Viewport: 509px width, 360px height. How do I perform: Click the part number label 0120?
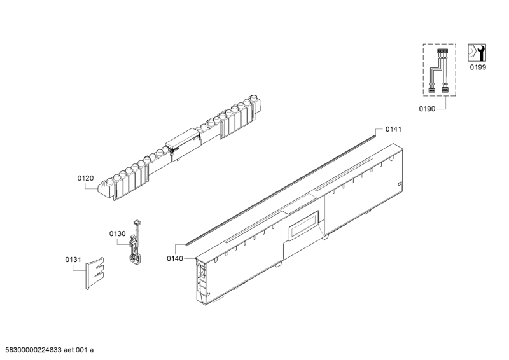click(x=85, y=179)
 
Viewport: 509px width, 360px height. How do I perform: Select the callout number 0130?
click(x=117, y=234)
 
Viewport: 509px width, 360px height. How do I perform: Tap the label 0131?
click(x=73, y=260)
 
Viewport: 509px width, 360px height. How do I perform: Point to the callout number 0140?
click(x=175, y=258)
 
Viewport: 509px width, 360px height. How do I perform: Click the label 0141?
click(x=394, y=130)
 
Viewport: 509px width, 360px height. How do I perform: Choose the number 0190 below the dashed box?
click(x=427, y=109)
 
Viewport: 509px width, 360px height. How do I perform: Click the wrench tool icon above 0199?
click(x=477, y=52)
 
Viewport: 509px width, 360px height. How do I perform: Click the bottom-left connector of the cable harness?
click(x=431, y=90)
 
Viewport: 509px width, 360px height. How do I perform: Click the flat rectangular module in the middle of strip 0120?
click(x=183, y=137)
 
